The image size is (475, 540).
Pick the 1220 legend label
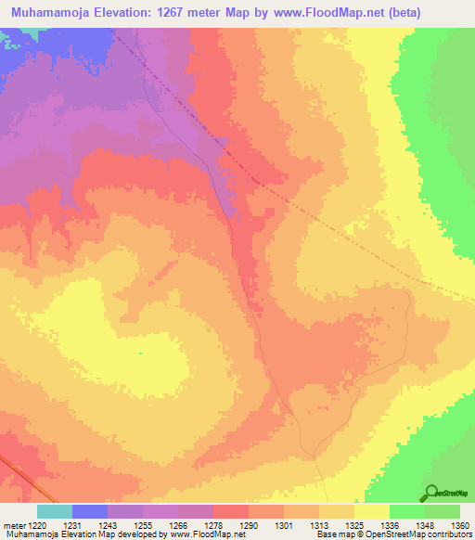pos(38,526)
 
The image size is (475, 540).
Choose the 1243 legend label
pos(108,526)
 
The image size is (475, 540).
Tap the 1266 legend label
pos(178,526)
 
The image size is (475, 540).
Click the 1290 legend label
pos(249,526)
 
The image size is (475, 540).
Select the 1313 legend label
pos(319,526)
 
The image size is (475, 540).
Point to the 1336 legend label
pos(390,526)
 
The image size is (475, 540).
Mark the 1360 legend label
pos(459,526)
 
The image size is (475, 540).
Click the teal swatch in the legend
pos(55,511)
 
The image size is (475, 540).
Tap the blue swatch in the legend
pos(90,511)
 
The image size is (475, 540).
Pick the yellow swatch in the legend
pos(371,511)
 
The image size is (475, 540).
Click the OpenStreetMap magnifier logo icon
pos(432,492)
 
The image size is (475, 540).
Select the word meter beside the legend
pos(14,526)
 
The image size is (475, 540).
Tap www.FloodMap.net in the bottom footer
pos(202,535)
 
